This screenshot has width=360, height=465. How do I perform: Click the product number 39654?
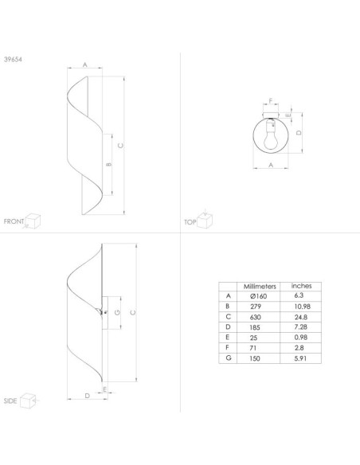click(x=13, y=59)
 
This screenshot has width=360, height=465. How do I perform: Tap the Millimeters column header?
click(x=260, y=287)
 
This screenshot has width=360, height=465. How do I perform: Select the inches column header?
click(x=301, y=286)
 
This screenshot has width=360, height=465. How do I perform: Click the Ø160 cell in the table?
click(x=258, y=296)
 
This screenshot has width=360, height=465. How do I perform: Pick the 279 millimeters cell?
click(x=256, y=307)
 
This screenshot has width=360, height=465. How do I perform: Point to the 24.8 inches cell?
click(x=301, y=317)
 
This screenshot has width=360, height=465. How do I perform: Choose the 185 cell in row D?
click(x=255, y=327)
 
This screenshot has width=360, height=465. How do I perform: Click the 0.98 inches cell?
click(x=301, y=338)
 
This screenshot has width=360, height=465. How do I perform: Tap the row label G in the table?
click(x=228, y=358)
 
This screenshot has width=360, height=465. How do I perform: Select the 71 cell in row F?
click(x=253, y=348)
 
